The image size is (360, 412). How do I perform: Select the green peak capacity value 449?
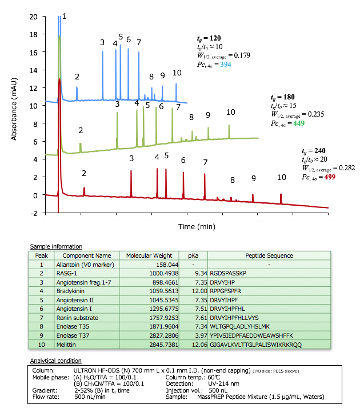[299, 123]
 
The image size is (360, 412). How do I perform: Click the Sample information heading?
[57, 246]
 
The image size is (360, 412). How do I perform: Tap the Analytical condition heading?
[56, 361]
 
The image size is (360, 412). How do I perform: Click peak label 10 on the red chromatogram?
[282, 178]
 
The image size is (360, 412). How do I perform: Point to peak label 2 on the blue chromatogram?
[77, 77]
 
